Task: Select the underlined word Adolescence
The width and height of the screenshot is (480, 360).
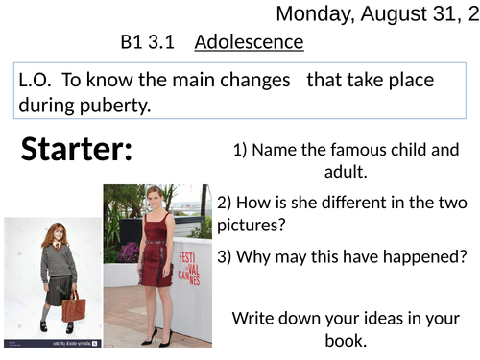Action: (249, 42)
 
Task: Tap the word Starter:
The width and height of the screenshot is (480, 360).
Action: (77, 149)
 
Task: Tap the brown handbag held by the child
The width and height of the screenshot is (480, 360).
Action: (73, 306)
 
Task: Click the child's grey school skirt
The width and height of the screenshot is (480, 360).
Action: (59, 288)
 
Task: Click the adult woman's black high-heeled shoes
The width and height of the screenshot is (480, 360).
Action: (158, 337)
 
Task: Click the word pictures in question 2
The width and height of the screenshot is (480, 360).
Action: (252, 225)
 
